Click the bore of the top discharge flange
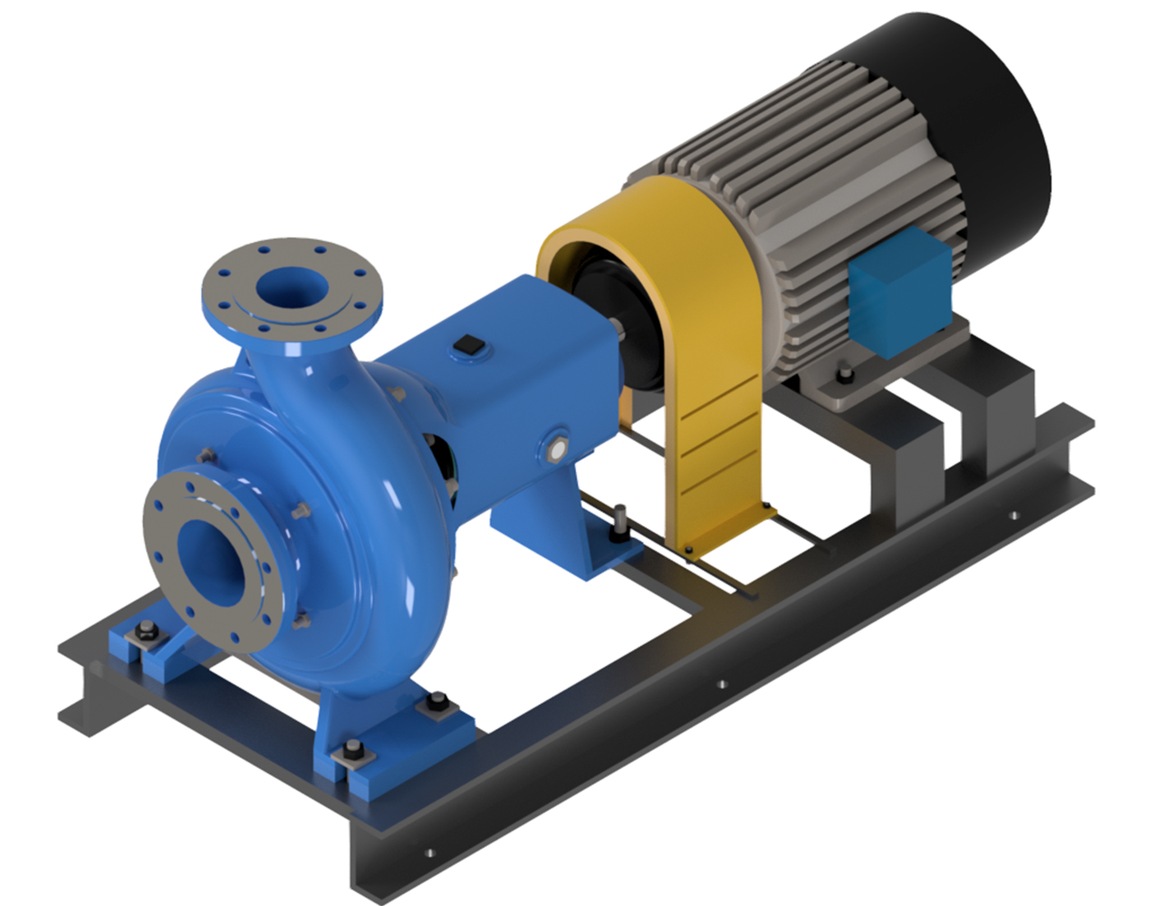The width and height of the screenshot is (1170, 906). click(292, 289)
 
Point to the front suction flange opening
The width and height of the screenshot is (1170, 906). click(213, 562)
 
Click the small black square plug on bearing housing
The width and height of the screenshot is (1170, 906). click(469, 344)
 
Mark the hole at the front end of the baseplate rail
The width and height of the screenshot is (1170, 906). click(429, 853)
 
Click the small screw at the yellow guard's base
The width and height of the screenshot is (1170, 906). click(688, 549)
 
